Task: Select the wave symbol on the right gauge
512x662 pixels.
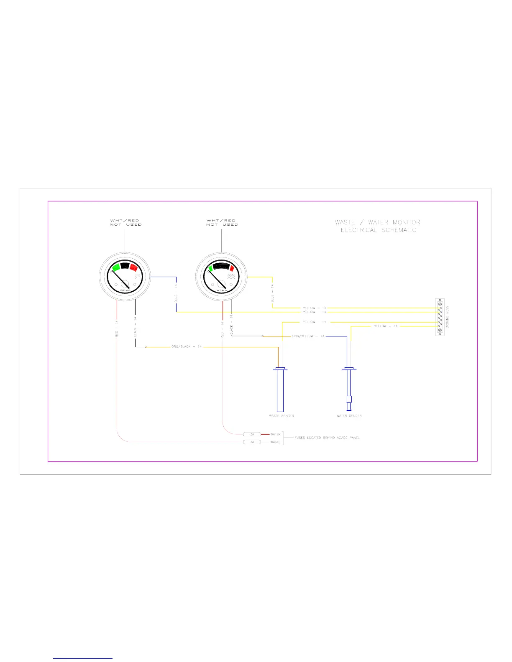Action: tap(230, 278)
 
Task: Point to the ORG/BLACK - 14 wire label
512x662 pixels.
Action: tap(187, 346)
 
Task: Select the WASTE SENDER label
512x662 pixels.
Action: tap(282, 416)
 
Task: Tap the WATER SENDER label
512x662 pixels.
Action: tap(349, 416)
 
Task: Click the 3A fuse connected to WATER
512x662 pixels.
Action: tap(252, 434)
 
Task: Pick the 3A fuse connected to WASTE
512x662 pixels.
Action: tap(252, 442)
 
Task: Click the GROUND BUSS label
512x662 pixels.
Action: tap(447, 317)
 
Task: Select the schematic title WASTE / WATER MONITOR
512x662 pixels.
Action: tap(378, 222)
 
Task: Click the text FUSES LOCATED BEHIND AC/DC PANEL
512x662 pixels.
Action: tap(327, 438)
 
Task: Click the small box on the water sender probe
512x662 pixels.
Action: tap(349, 399)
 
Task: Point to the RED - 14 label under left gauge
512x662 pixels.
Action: tap(117, 328)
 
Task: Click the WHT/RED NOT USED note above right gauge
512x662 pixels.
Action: tap(221, 222)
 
